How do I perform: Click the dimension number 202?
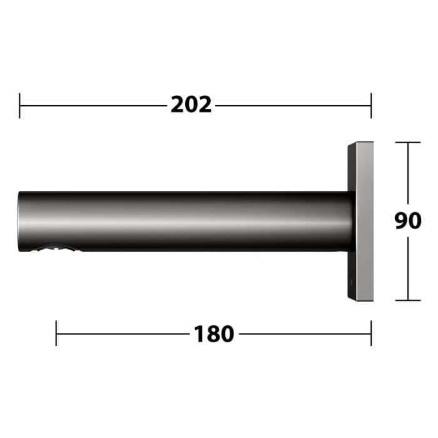point(191,105)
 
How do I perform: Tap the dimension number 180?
point(214,334)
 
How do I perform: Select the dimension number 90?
point(408,221)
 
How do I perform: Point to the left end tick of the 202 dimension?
point(20,105)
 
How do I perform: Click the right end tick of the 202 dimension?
point(371,105)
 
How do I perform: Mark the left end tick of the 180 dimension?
point(56,334)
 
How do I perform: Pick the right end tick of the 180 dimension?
point(371,334)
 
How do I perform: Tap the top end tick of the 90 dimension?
point(409,143)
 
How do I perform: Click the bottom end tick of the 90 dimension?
point(409,300)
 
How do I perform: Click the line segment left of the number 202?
point(94,105)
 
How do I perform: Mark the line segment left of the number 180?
point(123,334)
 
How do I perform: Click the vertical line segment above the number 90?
point(409,175)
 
